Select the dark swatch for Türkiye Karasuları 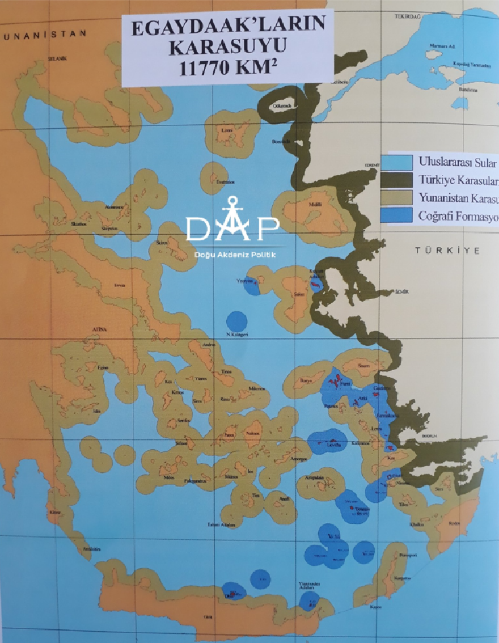pyautogui.click(x=399, y=180)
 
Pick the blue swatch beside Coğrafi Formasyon pyautogui.click(x=399, y=216)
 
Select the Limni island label pyautogui.click(x=227, y=130)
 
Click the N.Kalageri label pyautogui.click(x=238, y=335)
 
